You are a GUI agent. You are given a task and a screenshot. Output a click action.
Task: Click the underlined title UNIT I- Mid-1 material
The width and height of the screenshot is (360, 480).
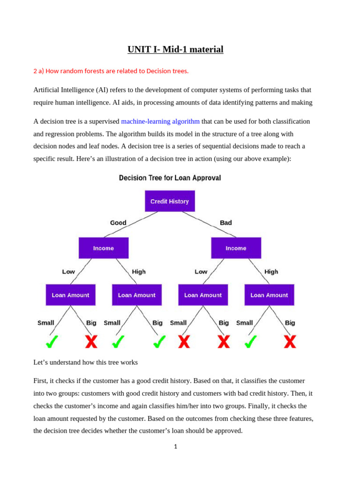pyautogui.click(x=175, y=49)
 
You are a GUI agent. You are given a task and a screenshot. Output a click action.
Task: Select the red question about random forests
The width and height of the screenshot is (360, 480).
pyautogui.click(x=111, y=71)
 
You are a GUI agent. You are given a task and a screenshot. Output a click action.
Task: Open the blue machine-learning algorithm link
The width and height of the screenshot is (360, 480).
pyautogui.click(x=160, y=121)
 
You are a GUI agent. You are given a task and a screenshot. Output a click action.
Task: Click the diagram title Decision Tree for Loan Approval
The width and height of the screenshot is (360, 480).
pyautogui.click(x=170, y=178)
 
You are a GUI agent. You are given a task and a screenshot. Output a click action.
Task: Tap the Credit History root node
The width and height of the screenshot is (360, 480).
pyautogui.click(x=170, y=201)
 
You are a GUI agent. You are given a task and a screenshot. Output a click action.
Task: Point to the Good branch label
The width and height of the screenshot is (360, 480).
pyautogui.click(x=118, y=223)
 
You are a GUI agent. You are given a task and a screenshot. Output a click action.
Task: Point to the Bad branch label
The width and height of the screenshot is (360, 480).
pyautogui.click(x=226, y=223)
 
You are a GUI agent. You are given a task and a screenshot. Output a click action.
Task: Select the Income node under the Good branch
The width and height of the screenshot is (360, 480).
pyautogui.click(x=104, y=248)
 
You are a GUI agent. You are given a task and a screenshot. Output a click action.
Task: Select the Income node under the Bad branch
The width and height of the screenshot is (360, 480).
pyautogui.click(x=236, y=248)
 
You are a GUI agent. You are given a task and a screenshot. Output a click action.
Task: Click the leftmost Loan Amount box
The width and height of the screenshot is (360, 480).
pyautogui.click(x=70, y=295)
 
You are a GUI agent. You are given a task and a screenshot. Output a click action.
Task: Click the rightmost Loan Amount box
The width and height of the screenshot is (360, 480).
pyautogui.click(x=269, y=295)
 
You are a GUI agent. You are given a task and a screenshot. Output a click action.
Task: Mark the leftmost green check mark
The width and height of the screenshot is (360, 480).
pyautogui.click(x=52, y=342)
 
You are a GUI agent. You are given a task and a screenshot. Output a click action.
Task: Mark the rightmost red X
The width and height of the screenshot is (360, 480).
pyautogui.click(x=290, y=342)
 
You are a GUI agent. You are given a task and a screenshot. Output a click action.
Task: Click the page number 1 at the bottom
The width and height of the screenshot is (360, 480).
pyautogui.click(x=176, y=447)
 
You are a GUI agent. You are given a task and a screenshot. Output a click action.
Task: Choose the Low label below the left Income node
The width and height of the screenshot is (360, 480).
pyautogui.click(x=68, y=271)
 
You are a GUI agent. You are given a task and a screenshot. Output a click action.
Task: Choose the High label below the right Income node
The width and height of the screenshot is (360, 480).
pyautogui.click(x=271, y=271)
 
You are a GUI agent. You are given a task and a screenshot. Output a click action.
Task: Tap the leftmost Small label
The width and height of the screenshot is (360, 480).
pyautogui.click(x=46, y=322)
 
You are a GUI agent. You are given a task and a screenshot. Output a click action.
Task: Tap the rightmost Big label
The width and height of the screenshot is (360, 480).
pyautogui.click(x=290, y=322)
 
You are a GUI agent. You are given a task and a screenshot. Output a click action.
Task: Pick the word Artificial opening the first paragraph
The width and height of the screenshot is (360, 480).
pyautogui.click(x=48, y=90)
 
